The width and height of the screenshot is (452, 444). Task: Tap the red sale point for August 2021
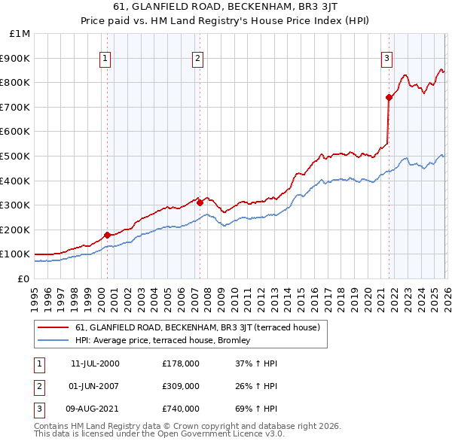pos(389,97)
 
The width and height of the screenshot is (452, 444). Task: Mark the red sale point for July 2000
pos(107,235)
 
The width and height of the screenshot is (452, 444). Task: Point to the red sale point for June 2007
pos(200,202)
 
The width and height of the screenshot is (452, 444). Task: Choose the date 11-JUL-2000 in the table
pos(95,363)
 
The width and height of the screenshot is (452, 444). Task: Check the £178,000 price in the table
pos(180,363)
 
